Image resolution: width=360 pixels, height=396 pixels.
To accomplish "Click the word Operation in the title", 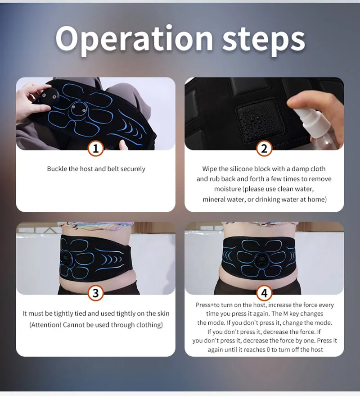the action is [x=134, y=39].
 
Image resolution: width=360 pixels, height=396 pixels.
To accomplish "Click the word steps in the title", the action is [x=263, y=41].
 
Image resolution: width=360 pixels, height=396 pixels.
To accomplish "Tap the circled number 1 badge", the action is [x=95, y=149].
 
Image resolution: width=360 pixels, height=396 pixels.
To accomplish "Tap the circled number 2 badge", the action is [x=264, y=149].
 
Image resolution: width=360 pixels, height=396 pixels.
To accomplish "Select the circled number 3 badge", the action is [x=95, y=293].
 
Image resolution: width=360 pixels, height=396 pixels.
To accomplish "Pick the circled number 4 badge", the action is [x=264, y=293].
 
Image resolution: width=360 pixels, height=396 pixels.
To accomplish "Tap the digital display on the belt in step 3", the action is [x=66, y=258].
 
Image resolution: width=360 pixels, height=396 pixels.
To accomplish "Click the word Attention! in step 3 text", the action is [x=45, y=324].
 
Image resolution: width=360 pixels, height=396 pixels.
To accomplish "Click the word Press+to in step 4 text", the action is [x=207, y=305].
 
